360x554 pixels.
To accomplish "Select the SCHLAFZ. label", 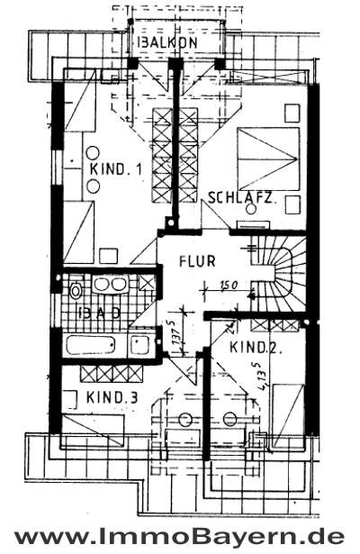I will click(240, 197).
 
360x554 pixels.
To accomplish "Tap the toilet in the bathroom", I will click(75, 291).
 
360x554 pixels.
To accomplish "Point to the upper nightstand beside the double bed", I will click(292, 113).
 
